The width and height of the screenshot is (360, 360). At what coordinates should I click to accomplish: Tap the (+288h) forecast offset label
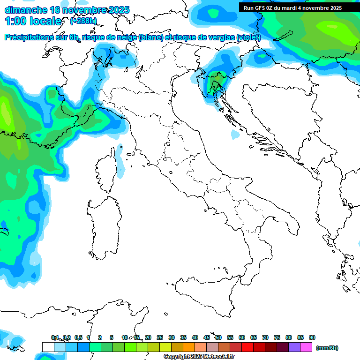[x=83, y=21]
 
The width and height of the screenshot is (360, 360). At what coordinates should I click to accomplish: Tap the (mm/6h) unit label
[x=327, y=348]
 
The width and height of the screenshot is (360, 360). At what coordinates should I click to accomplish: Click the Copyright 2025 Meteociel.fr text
[x=199, y=357]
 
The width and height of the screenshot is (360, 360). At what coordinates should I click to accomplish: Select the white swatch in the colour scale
[x=48, y=347]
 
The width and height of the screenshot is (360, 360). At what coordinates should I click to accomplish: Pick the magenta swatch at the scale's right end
[x=306, y=347]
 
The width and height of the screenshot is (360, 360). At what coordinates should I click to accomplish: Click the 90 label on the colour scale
[x=312, y=337]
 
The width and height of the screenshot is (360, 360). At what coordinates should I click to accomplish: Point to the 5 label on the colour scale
[x=112, y=337]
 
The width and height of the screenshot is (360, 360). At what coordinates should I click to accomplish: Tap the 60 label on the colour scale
[x=242, y=337]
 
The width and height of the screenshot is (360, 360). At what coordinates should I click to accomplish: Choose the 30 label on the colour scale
[x=172, y=337]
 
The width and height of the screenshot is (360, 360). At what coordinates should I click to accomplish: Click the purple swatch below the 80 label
[x=294, y=347]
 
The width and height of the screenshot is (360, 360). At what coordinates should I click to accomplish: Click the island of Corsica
[x=107, y=171]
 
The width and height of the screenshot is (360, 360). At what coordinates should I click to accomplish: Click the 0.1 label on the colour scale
[x=55, y=337]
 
